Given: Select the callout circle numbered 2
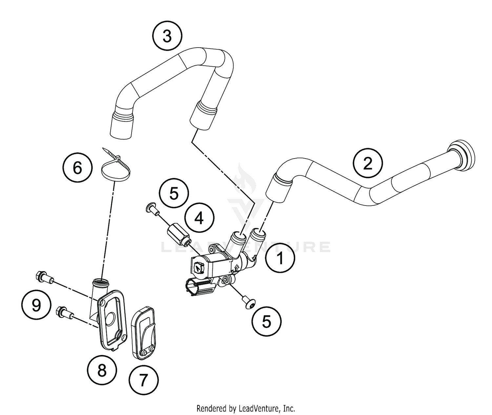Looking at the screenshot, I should (368, 163).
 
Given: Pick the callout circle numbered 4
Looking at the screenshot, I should (199, 218).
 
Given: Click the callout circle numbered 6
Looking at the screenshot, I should (77, 168).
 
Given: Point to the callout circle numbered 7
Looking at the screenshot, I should (143, 380).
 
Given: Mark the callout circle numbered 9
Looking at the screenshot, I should (36, 306).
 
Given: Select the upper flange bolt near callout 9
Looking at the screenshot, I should (44, 277).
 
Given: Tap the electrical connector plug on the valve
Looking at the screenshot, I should (199, 285).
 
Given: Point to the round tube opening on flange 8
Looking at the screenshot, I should (101, 282).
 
